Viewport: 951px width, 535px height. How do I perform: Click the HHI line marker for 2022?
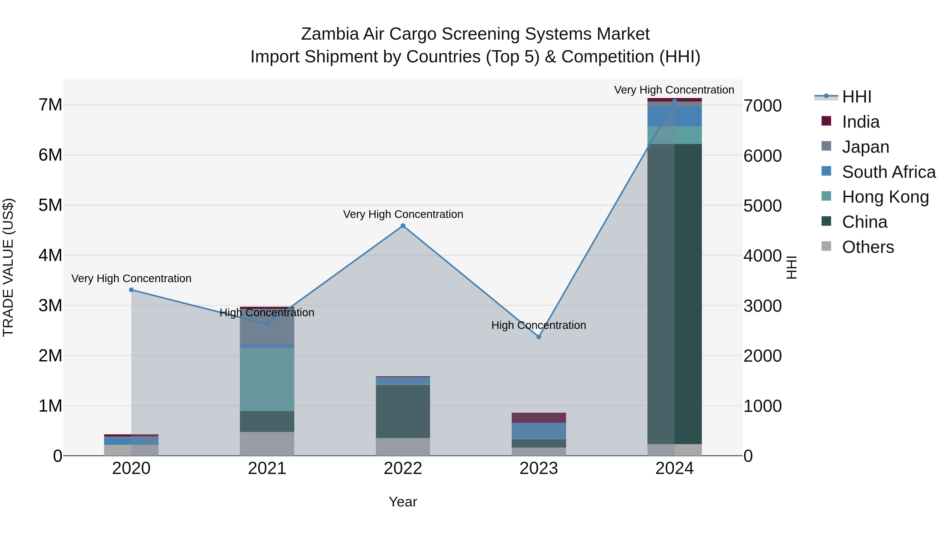point(403,226)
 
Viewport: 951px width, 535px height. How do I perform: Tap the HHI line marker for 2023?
point(539,337)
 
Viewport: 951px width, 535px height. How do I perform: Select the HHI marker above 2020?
point(132,290)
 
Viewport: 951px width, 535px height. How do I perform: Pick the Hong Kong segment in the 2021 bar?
point(267,379)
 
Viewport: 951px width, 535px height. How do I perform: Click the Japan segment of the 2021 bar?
point(267,329)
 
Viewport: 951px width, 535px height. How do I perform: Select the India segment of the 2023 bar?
point(539,418)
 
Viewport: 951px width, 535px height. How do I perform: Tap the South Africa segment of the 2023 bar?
point(539,431)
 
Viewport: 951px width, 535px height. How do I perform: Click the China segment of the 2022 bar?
point(403,411)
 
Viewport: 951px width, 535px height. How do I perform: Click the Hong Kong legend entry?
point(885,197)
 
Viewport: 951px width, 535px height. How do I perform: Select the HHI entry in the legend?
point(856,97)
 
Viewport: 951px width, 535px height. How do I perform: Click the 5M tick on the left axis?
point(50,205)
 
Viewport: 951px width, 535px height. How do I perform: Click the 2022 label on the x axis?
point(403,468)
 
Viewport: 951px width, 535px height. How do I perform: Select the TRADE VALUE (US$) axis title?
point(8,267)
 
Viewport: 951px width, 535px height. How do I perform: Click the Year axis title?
point(403,502)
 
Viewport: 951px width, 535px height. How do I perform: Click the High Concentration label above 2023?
point(539,325)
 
